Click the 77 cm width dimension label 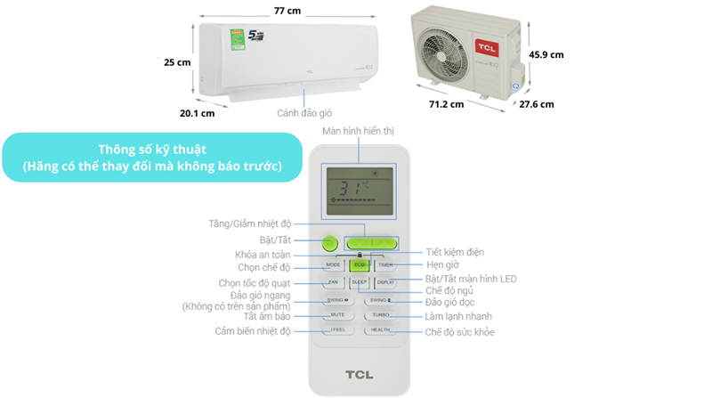287,10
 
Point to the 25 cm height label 177,62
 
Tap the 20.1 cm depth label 197,113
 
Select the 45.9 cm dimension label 546,54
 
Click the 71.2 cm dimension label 445,104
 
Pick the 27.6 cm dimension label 537,104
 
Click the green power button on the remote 329,242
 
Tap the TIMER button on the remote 385,265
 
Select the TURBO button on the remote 382,315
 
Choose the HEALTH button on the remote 381,330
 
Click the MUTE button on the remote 337,315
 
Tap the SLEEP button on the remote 359,282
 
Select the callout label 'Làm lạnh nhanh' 458,316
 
